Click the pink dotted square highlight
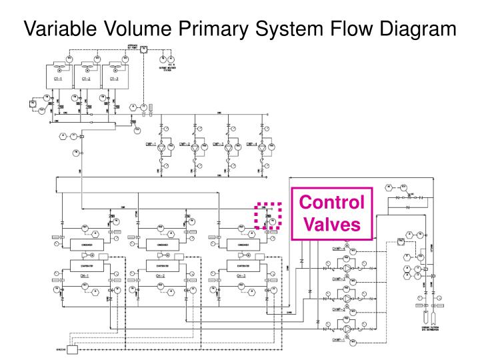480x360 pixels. (x=269, y=215)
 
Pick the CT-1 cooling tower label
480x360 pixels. (x=58, y=78)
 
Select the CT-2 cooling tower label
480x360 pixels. (x=86, y=78)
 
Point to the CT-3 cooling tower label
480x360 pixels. (x=114, y=78)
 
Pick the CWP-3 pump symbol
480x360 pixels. (x=229, y=146)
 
